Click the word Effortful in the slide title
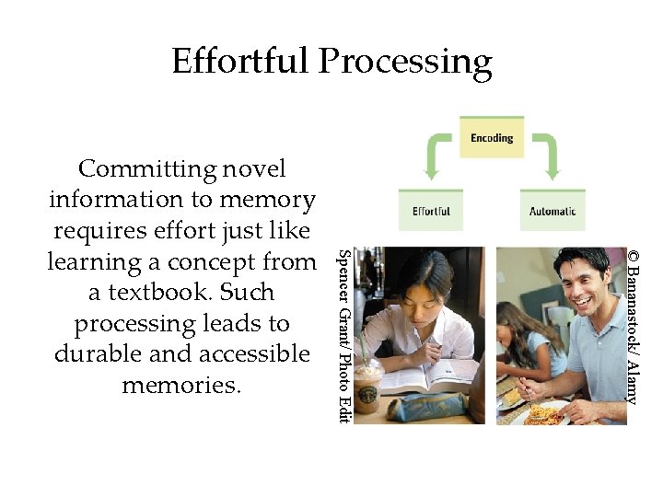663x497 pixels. click(x=240, y=62)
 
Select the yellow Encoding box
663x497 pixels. click(x=492, y=138)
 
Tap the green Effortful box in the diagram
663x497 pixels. click(x=431, y=211)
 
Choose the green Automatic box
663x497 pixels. click(x=552, y=211)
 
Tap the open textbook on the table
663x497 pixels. click(x=433, y=377)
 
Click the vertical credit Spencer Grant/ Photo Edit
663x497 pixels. click(x=343, y=336)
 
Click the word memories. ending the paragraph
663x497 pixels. click(x=181, y=385)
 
